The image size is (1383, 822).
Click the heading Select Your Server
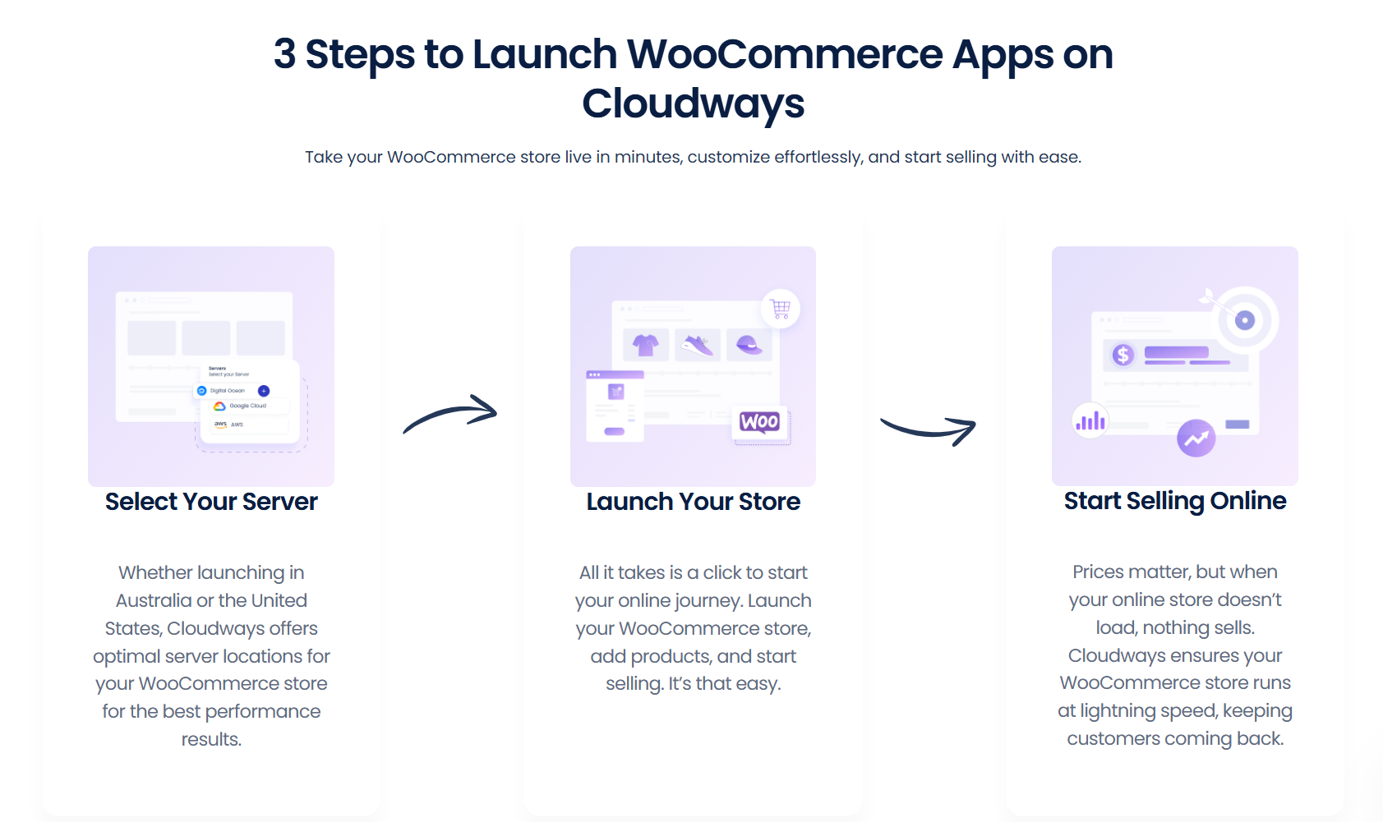pos(211,501)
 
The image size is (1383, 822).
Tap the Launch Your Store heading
pos(693,501)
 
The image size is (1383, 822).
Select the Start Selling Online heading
pos(1175,500)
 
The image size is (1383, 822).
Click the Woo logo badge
pos(759,422)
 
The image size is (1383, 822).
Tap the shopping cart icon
pos(781,308)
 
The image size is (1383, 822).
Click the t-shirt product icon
pos(646,345)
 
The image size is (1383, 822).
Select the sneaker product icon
pos(698,345)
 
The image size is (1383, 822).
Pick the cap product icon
pos(749,345)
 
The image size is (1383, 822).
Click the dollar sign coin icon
pos(1123,355)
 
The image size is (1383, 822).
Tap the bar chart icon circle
pos(1090,421)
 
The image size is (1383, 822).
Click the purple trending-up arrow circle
pos(1196,439)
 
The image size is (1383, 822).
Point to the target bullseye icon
pos(1244,319)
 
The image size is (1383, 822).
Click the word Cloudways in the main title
pos(693,103)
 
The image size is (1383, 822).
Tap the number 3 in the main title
pos(284,53)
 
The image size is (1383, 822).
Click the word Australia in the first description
pos(153,600)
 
